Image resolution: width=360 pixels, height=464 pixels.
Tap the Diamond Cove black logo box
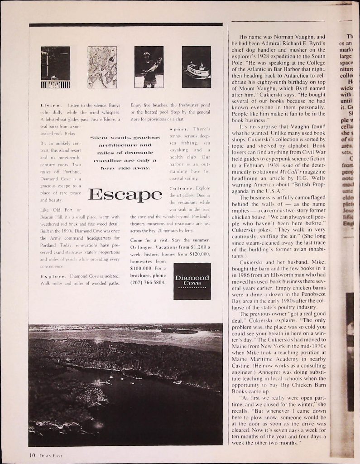192,281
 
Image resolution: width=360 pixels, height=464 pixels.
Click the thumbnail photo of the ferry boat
196,67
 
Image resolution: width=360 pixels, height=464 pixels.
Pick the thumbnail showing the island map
102,67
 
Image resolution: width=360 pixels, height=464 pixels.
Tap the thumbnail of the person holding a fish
149,67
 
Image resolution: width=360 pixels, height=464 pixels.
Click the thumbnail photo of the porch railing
55,67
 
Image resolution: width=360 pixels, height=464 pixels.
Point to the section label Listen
51,105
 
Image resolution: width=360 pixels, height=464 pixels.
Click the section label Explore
53,275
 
